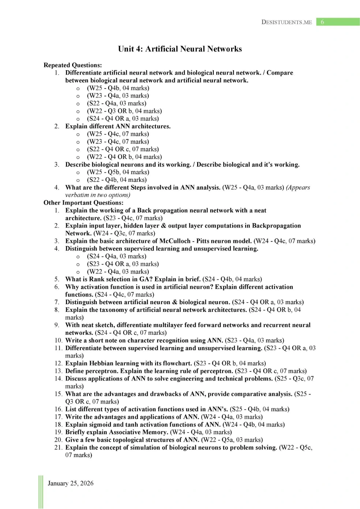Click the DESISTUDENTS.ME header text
(286, 22)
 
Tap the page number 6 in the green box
(322, 22)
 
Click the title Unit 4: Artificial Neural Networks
(180, 49)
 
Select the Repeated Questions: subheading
(72, 65)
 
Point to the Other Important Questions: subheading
(83, 203)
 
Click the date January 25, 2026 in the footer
(71, 483)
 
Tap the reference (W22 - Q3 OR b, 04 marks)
(124, 111)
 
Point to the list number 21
(58, 448)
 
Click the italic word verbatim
(77, 195)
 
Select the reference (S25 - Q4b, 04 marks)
(259, 409)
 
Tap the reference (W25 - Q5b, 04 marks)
(118, 172)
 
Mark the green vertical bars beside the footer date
(41, 492)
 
